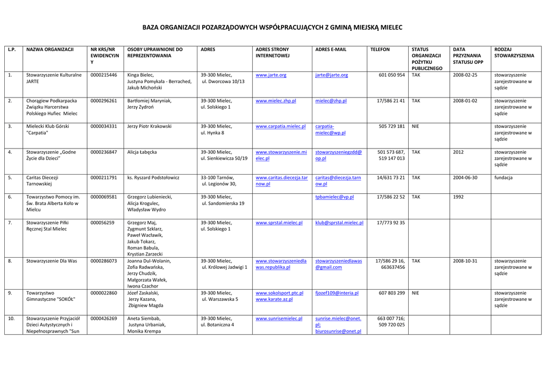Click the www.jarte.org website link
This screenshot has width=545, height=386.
271,75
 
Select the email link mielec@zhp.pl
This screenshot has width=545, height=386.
331,101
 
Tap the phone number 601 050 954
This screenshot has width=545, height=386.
392,75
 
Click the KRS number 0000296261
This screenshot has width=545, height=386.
104,101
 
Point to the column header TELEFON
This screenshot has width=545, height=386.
380,50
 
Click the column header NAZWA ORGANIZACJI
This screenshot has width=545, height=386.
50,50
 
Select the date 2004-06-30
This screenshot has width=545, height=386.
465,178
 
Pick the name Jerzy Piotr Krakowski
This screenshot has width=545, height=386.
150,127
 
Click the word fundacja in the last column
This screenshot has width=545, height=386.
503,178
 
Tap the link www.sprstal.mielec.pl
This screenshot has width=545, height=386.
279,223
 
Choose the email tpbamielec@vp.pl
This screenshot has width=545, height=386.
334,197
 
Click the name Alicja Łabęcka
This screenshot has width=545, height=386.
142,152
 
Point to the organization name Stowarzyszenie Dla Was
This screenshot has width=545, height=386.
52,261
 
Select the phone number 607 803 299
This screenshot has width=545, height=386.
392,293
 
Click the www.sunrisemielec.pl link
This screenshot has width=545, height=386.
279,318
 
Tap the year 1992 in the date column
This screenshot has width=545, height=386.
458,197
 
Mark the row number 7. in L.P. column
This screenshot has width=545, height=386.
10,223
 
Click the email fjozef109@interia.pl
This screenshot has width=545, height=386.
337,293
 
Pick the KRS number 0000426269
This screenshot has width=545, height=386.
104,318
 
